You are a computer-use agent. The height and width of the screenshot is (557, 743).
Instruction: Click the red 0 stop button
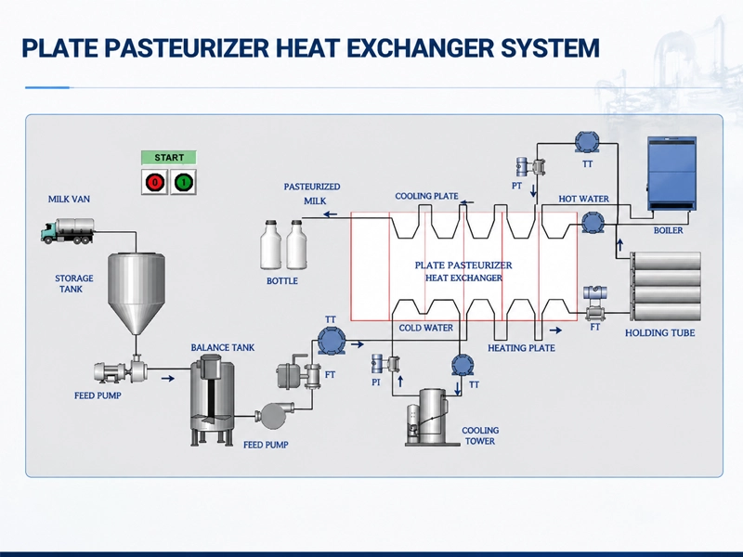tap(155, 182)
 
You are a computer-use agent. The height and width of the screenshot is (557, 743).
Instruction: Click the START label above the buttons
tap(169, 157)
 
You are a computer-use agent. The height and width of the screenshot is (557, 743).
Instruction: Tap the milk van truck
tap(67, 230)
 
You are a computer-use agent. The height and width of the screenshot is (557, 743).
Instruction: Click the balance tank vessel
tap(212, 400)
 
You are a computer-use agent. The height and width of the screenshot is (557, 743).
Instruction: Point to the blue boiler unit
tap(671, 174)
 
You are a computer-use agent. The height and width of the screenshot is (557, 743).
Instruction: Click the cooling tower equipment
tap(426, 417)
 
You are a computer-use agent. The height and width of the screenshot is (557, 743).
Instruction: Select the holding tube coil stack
tap(665, 287)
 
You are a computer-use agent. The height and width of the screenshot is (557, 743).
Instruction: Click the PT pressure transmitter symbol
tap(530, 167)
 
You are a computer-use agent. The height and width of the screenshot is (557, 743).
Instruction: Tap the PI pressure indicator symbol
tap(385, 364)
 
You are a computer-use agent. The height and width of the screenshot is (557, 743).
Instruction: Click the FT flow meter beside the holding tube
tap(595, 303)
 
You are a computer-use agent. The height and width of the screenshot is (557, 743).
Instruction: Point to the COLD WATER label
tap(425, 328)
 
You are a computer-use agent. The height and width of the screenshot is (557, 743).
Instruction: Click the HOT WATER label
tap(583, 199)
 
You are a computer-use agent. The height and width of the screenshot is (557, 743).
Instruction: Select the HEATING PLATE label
tap(521, 348)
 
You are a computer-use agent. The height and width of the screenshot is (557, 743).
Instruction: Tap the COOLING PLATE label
tap(426, 196)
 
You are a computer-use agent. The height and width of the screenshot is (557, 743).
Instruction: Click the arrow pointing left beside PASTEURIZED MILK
tap(331, 214)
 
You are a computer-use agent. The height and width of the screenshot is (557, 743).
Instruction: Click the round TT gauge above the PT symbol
tap(587, 142)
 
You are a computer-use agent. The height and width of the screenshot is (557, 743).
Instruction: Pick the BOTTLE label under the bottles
tap(282, 281)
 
